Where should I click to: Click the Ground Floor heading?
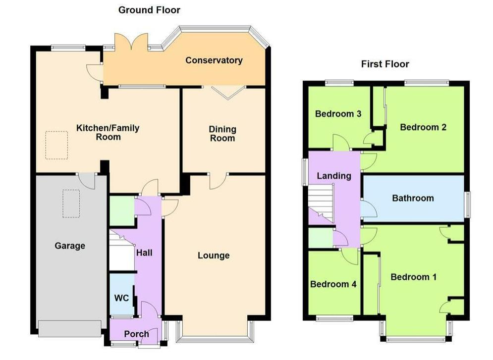(149, 10)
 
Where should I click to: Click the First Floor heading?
(385, 64)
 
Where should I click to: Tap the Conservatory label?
(214, 60)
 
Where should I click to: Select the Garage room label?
(70, 246)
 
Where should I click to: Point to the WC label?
(122, 298)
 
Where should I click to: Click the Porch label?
(136, 334)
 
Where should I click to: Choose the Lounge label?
(214, 256)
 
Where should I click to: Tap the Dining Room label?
(222, 134)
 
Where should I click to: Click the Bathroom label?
(413, 198)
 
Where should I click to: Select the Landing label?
(334, 176)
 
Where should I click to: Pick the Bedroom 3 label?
(338, 114)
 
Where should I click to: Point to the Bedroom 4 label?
(333, 284)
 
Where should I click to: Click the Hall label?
(144, 253)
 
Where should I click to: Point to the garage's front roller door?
(69, 329)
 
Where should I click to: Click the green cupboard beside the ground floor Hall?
(122, 211)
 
